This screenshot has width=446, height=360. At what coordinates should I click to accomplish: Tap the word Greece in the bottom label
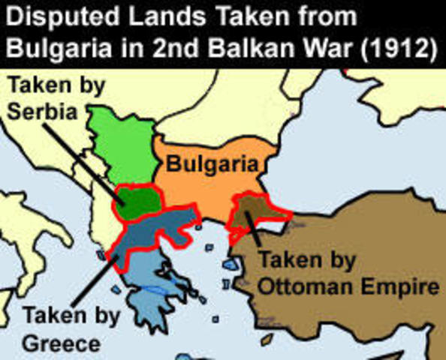coord(61,344)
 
